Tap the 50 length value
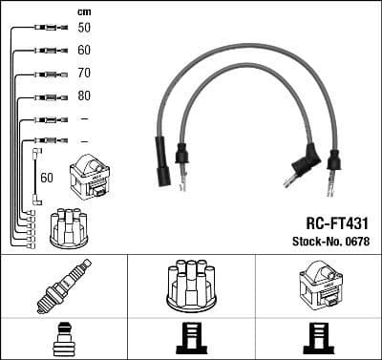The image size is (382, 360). (x=84, y=28)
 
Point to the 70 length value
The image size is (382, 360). (x=84, y=73)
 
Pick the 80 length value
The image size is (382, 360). (x=84, y=95)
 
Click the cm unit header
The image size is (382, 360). (x=83, y=11)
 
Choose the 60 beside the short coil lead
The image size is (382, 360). (x=46, y=178)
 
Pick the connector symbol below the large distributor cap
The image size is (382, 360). (x=191, y=338)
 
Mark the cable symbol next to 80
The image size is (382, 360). (x=46, y=96)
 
